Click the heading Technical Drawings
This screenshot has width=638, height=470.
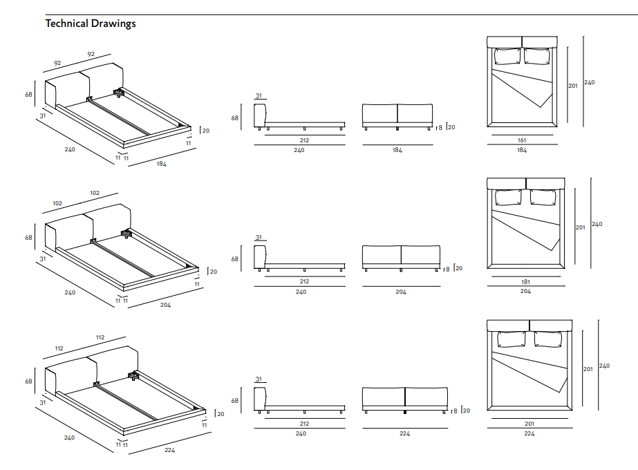click(x=91, y=23)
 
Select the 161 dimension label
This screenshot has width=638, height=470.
click(x=522, y=140)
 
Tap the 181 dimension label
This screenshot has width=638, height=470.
click(x=525, y=282)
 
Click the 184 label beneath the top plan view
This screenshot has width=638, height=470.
click(x=522, y=150)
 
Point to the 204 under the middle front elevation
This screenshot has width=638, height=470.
click(x=401, y=292)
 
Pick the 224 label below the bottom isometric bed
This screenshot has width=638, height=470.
click(x=170, y=451)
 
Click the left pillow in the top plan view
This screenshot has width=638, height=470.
click(x=507, y=57)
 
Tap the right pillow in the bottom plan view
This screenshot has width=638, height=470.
click(x=548, y=339)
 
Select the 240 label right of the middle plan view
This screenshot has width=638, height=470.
click(x=597, y=224)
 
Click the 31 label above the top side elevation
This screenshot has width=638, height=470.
click(x=259, y=96)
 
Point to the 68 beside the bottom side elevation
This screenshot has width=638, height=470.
click(x=234, y=400)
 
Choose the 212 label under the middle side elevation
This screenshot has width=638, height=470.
click(x=304, y=282)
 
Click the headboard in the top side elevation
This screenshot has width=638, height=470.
click(x=260, y=115)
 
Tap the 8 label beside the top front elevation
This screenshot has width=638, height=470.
click(x=440, y=128)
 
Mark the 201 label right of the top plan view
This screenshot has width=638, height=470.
click(x=573, y=86)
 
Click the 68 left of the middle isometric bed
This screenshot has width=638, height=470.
click(x=28, y=238)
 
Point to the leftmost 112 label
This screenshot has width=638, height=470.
click(x=59, y=349)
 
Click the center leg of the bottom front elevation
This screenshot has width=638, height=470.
click(x=404, y=412)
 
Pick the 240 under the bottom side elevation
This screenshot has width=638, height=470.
click(x=301, y=434)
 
